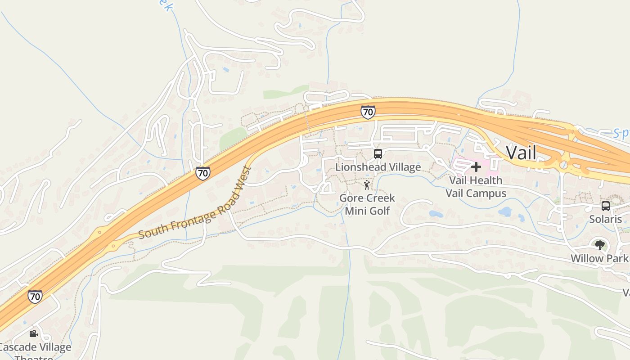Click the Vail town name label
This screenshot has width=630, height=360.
pos(521,153)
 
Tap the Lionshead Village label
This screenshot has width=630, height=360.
pos(378,167)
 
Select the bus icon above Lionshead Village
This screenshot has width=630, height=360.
pos(378,154)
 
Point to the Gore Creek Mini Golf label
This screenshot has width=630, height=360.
pos(367,204)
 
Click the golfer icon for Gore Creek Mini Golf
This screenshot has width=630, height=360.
pos(367,185)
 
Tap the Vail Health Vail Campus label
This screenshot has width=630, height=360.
pos(476,187)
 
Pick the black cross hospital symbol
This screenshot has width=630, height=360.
pos(476,167)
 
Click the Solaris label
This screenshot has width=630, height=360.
pos(605,219)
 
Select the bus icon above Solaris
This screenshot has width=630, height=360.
pos(606,206)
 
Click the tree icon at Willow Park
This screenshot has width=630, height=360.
pos(599,245)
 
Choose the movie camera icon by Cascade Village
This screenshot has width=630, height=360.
pos(33,334)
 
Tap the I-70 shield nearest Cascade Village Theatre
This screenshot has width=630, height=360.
pos(35,297)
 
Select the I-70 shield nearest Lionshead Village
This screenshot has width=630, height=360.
pos(368,112)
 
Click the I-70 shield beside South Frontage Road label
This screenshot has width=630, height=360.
pos(202,173)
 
